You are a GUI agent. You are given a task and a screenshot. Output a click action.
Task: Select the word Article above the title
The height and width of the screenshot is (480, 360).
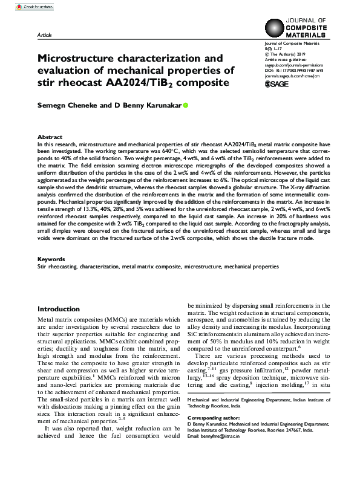click(45, 36)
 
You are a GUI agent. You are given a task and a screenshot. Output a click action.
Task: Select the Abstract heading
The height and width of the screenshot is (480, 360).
click(50, 137)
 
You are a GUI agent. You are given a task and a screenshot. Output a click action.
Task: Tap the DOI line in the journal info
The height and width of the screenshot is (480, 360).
click(294, 71)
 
